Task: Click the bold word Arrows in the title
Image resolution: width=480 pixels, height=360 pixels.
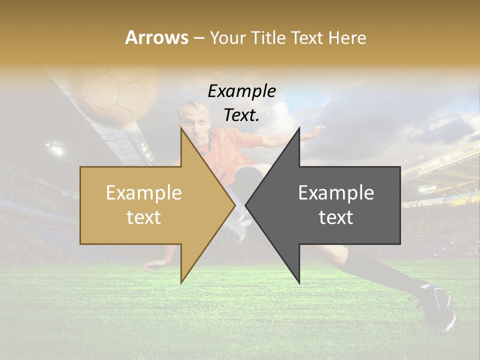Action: (157, 37)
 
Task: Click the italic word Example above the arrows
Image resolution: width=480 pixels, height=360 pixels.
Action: (241, 91)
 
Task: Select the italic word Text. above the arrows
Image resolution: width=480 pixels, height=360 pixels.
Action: (241, 115)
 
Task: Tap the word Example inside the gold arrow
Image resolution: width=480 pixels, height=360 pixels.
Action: (143, 193)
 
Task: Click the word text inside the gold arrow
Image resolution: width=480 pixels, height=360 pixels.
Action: (143, 217)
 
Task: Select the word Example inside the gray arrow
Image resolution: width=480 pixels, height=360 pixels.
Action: (336, 193)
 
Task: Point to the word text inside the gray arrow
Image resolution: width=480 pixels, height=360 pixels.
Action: (336, 217)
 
